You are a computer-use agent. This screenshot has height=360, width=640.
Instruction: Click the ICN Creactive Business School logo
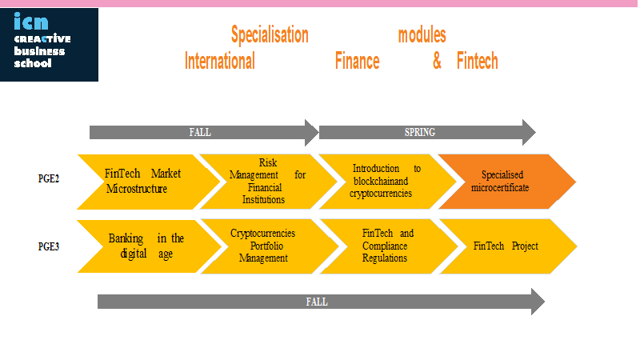point(49,45)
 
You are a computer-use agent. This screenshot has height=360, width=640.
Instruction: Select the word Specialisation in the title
point(270,34)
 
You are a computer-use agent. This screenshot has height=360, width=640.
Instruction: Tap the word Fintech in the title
point(477,61)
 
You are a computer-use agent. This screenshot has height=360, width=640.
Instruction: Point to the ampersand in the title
point(437,61)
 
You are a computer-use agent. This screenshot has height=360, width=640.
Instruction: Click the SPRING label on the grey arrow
point(419,132)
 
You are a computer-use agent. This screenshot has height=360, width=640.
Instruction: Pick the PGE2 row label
point(49,178)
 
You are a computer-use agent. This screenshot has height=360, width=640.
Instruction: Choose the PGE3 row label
point(49,246)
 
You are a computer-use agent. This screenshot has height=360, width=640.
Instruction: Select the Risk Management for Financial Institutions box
point(268,182)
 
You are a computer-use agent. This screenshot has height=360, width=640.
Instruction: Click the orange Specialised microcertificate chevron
point(507,182)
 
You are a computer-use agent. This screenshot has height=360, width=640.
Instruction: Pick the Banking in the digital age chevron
point(150,246)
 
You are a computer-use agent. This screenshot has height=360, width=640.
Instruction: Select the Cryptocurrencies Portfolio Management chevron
point(270,246)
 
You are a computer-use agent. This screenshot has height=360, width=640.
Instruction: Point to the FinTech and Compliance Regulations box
point(389,246)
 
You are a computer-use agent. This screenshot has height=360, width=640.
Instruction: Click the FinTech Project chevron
point(508,246)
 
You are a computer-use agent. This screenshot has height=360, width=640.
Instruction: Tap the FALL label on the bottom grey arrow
point(317,302)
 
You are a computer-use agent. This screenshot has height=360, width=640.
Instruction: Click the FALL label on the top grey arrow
point(200,132)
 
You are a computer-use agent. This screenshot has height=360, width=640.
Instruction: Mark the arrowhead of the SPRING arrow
point(529,132)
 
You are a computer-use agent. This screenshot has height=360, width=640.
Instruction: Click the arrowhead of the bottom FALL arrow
point(538,302)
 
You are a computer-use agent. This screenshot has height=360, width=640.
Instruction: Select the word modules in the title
point(422,34)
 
